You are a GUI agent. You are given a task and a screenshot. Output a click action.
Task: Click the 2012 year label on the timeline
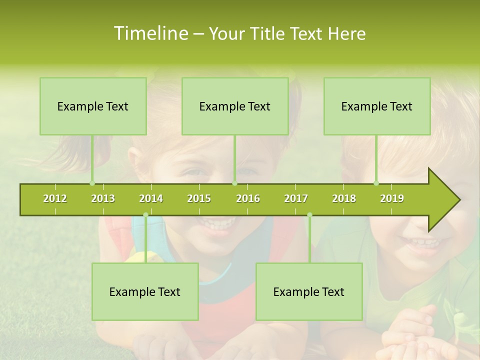55,198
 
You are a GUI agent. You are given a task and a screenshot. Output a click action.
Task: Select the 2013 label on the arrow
103,198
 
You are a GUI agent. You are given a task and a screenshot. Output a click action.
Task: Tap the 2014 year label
151,198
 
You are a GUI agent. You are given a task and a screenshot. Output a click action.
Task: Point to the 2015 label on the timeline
199,198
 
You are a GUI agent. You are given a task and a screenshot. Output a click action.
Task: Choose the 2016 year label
248,198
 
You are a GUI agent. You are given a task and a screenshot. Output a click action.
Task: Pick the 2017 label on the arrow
296,198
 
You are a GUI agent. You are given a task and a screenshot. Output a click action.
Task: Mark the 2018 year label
344,198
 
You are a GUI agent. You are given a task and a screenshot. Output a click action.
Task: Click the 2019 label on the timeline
392,198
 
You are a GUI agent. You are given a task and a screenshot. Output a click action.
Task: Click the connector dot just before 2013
92,183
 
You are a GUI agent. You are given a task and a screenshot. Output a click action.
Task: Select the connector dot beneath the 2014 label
145,215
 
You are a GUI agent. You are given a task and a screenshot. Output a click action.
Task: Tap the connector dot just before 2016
234,183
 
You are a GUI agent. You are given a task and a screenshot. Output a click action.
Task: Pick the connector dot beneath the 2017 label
309,215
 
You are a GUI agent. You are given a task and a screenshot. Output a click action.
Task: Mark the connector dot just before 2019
376,183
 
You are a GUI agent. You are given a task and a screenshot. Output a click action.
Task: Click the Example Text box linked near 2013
93,106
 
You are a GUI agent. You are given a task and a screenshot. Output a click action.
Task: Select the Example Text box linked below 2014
145,291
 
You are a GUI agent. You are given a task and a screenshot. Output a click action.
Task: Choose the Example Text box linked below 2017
309,291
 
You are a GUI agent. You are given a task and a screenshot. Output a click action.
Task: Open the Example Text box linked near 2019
377,106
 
